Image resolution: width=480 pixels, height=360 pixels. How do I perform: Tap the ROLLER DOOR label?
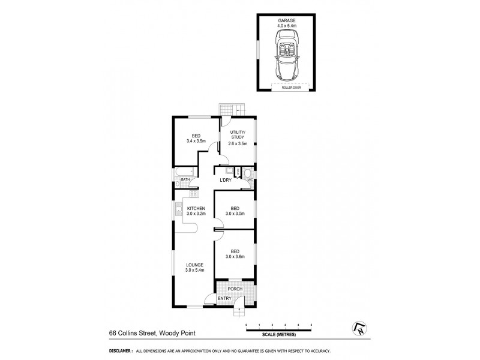[290, 88]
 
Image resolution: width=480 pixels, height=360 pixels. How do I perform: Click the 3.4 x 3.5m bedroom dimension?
[195, 142]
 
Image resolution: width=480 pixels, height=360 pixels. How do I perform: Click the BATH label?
[185, 179]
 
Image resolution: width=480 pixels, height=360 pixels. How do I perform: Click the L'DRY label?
[226, 180]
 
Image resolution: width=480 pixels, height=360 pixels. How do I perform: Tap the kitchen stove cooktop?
[193, 194]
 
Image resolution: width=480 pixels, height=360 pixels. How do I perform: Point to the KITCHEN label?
[196, 208]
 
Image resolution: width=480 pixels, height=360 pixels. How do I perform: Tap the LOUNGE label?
[194, 265]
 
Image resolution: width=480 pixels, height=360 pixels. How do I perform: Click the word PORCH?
[235, 289]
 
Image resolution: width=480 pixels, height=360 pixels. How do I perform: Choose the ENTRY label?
[224, 299]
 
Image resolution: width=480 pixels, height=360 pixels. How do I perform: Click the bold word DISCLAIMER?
[120, 351]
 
